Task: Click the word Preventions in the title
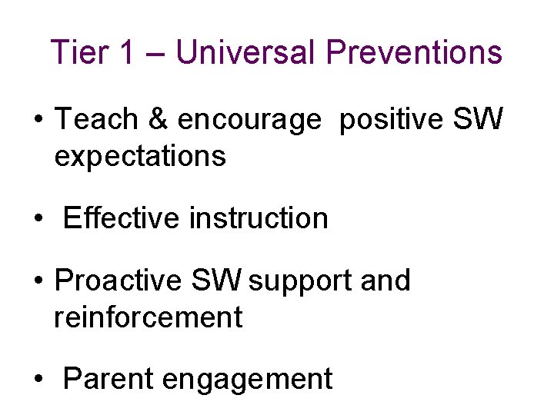[x=414, y=52]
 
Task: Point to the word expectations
[x=140, y=157]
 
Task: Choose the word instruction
[x=259, y=218]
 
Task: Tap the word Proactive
[x=118, y=281]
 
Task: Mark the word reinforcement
[x=148, y=317]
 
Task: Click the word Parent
[x=112, y=379]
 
